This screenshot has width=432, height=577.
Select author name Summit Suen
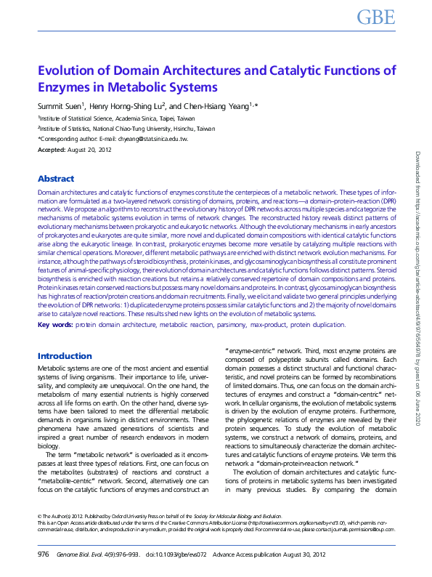click(60, 105)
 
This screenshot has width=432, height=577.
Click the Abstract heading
click(56, 179)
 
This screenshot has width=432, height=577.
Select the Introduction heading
click(65, 356)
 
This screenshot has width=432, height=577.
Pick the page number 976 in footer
click(43, 555)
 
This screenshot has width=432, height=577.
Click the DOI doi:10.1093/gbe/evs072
click(176, 555)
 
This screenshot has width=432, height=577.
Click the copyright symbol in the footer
click(39, 515)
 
